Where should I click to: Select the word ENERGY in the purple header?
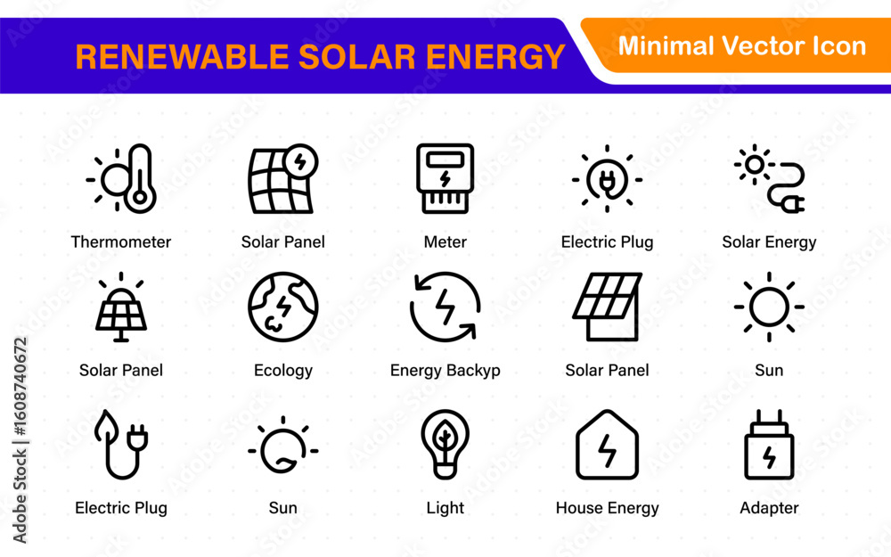495,57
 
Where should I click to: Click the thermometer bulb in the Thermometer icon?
139,199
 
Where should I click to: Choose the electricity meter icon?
445,178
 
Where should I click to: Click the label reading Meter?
445,242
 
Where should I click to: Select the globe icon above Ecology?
283,307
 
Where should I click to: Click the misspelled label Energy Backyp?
445,371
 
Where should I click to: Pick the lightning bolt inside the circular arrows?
445,307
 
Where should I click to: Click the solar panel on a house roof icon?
607,307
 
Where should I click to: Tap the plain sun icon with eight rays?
769,307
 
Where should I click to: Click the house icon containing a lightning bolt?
607,445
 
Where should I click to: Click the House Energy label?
607,508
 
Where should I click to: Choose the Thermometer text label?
120,242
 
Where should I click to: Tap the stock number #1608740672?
20,387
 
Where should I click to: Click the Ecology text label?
283,371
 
